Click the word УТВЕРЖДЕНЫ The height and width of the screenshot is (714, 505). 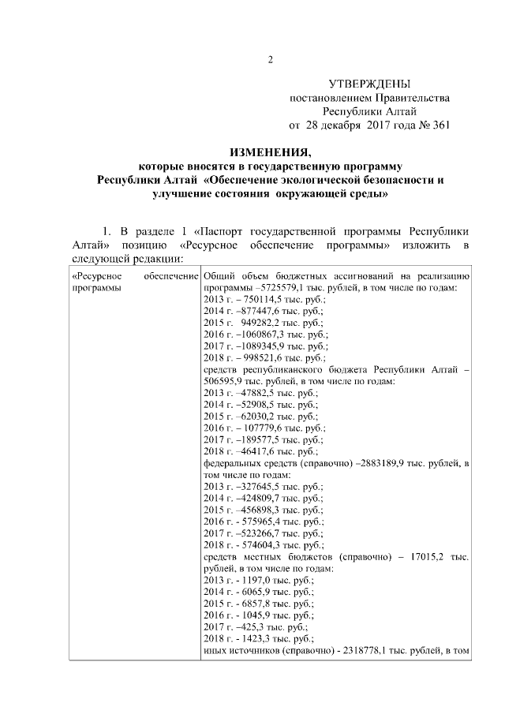point(370,84)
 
